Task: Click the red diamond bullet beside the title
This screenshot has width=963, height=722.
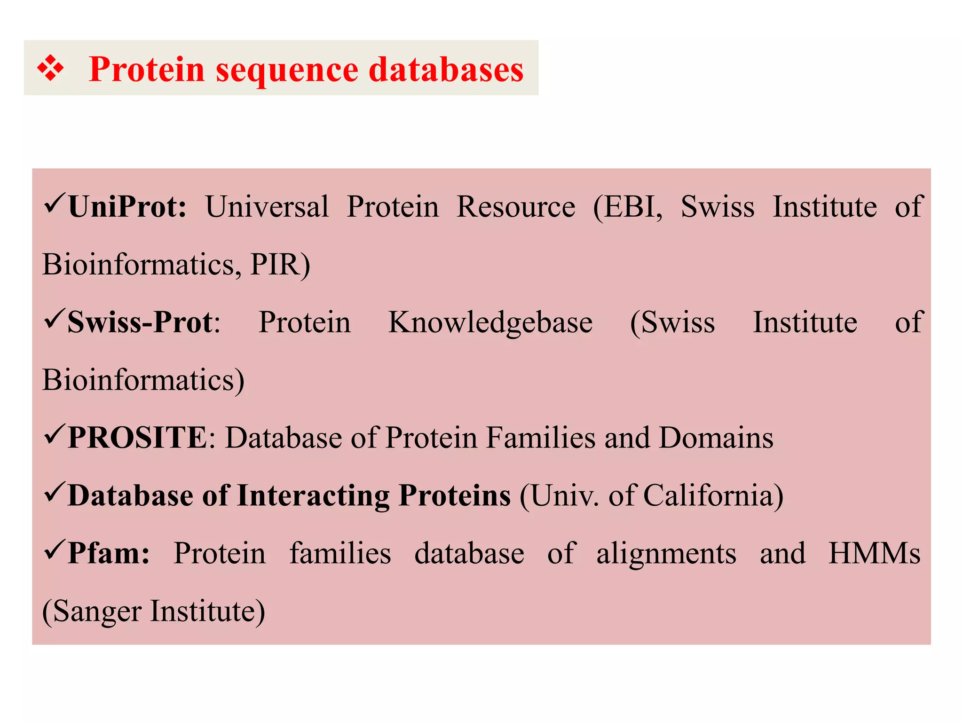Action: [x=50, y=69]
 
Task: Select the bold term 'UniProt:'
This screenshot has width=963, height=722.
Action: [x=127, y=207]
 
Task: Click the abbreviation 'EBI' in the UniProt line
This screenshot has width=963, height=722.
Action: [x=627, y=207]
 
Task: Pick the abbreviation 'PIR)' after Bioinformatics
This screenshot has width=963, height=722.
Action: [x=280, y=265]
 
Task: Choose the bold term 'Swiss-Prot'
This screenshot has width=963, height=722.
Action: [x=140, y=322]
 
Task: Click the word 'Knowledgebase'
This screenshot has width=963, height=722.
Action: [x=490, y=322]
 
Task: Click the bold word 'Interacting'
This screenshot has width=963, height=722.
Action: [x=313, y=495]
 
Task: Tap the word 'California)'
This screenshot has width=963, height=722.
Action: [x=713, y=495]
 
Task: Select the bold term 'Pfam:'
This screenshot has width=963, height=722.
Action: [x=109, y=553]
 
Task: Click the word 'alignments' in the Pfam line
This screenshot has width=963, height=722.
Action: [x=666, y=553]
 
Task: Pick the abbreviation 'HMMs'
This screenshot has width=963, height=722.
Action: [x=874, y=553]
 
